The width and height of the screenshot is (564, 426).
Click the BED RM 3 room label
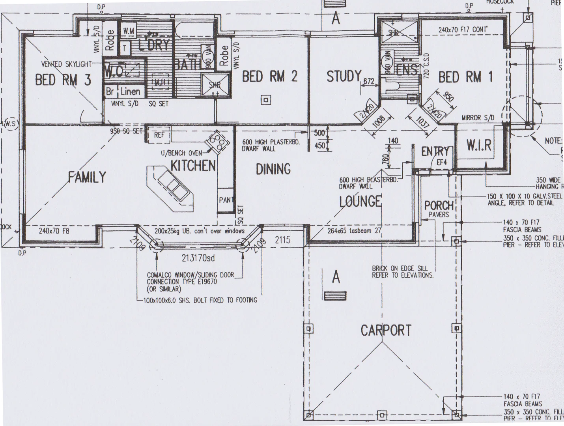[x=63, y=80]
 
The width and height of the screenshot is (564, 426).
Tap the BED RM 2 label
[x=269, y=77]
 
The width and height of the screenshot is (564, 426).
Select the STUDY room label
[x=344, y=76]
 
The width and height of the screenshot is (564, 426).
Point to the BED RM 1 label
[x=465, y=77]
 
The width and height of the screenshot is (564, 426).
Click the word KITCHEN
[x=193, y=166]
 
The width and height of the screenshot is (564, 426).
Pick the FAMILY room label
[x=87, y=177]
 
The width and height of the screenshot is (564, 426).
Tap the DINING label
[x=273, y=169]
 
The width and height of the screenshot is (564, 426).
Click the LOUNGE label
[x=360, y=202]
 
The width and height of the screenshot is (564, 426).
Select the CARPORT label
[x=386, y=331]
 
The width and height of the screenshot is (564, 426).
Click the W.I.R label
[x=479, y=146]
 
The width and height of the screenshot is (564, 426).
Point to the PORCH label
[x=439, y=206]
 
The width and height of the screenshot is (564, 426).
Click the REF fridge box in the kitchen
[x=159, y=135]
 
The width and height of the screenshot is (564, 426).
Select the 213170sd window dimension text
[x=198, y=258]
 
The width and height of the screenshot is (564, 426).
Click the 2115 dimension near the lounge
[x=282, y=239]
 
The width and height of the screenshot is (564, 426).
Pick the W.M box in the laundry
[x=128, y=31]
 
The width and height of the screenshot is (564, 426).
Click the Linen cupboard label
[x=130, y=92]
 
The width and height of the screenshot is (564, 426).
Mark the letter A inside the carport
[x=336, y=277]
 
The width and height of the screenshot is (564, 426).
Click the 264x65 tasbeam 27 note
[x=354, y=231]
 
